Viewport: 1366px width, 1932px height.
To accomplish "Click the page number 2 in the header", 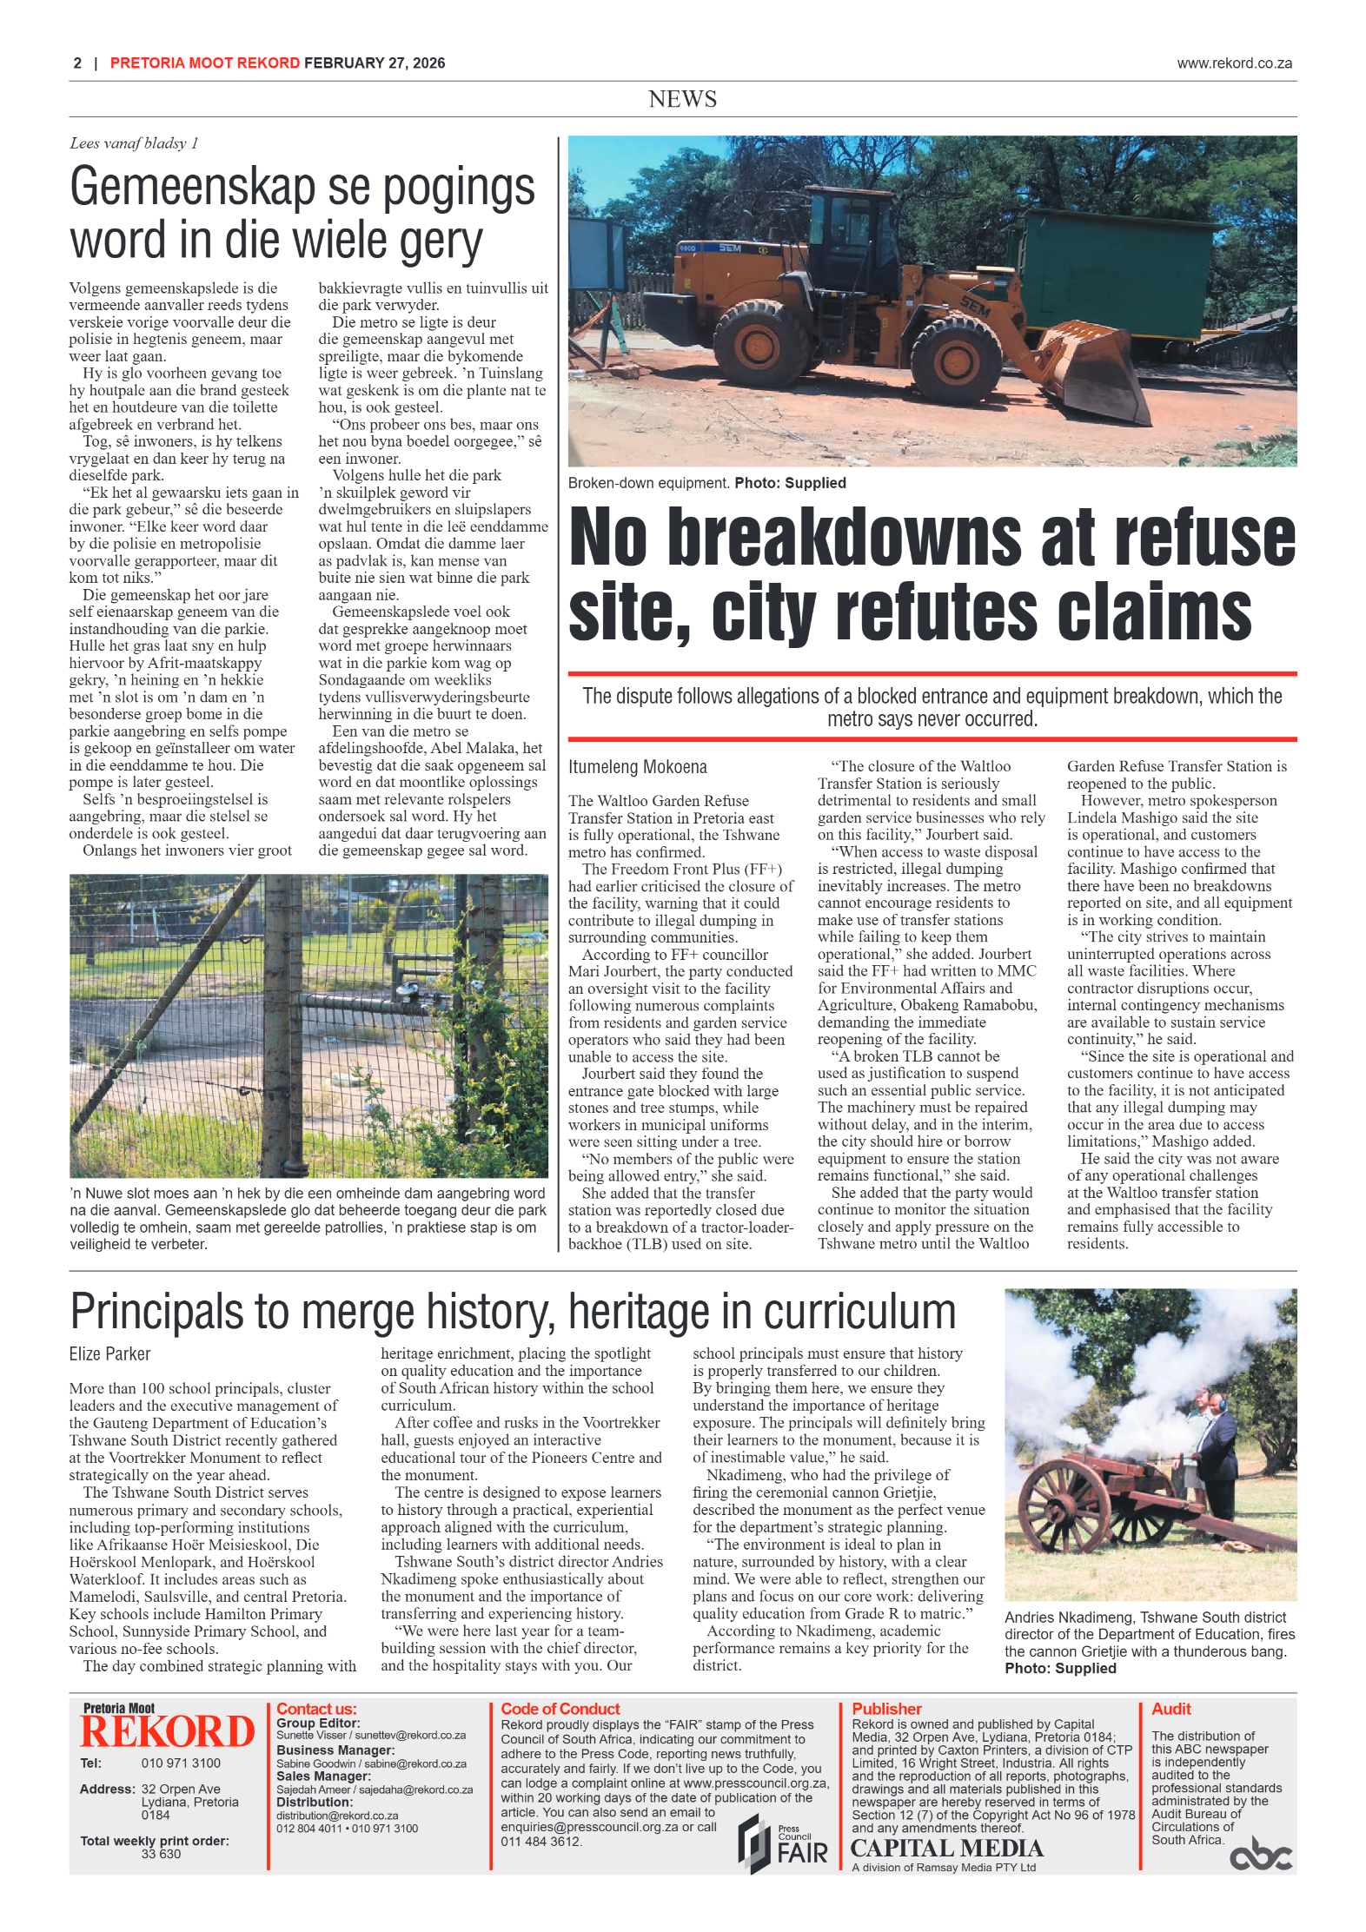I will tap(77, 63).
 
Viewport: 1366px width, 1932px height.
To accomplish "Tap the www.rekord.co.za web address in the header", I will tap(1234, 63).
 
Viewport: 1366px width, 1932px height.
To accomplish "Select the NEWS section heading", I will tap(682, 99).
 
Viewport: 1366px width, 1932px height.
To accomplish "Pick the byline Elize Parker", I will tap(109, 1353).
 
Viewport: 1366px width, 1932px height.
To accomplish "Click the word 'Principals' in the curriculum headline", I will tap(156, 1311).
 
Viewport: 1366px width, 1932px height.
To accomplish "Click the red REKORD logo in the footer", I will tap(167, 1731).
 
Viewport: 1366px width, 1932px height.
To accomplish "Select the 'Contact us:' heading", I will tap(316, 1709).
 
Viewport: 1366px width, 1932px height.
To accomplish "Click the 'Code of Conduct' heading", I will tap(560, 1709).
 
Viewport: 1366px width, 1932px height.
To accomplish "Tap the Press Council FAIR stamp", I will tap(783, 1845).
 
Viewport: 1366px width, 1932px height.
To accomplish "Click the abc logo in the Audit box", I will tap(1260, 1856).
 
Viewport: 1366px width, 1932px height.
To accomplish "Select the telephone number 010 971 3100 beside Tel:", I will tap(181, 1763).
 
